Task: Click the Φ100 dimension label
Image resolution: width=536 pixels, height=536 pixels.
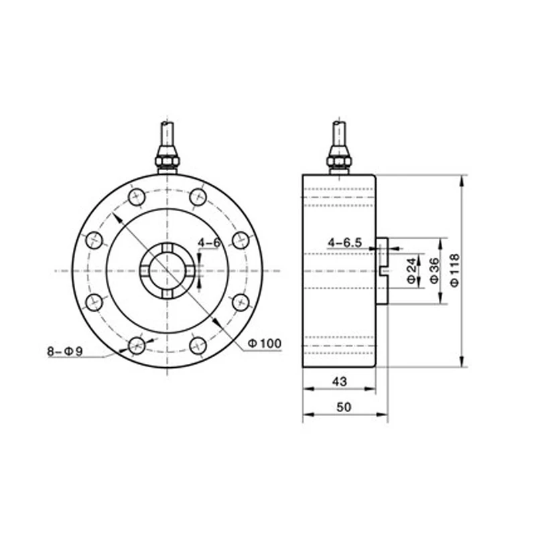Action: (264, 344)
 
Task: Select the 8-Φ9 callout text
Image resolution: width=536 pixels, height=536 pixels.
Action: (64, 351)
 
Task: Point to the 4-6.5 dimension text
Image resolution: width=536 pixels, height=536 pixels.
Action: (345, 242)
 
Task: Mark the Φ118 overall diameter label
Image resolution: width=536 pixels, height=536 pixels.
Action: (455, 271)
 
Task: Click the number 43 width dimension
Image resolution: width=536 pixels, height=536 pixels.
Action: (339, 381)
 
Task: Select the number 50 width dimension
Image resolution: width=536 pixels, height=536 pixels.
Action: (344, 407)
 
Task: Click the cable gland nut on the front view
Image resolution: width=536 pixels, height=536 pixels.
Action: (167, 161)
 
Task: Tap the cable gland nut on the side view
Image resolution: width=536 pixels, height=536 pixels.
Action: (339, 161)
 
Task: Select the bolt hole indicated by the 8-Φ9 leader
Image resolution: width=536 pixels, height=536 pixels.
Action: (137, 345)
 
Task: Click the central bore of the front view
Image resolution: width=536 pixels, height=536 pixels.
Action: (167, 271)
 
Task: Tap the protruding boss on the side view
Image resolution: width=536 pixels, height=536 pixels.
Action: (382, 271)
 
